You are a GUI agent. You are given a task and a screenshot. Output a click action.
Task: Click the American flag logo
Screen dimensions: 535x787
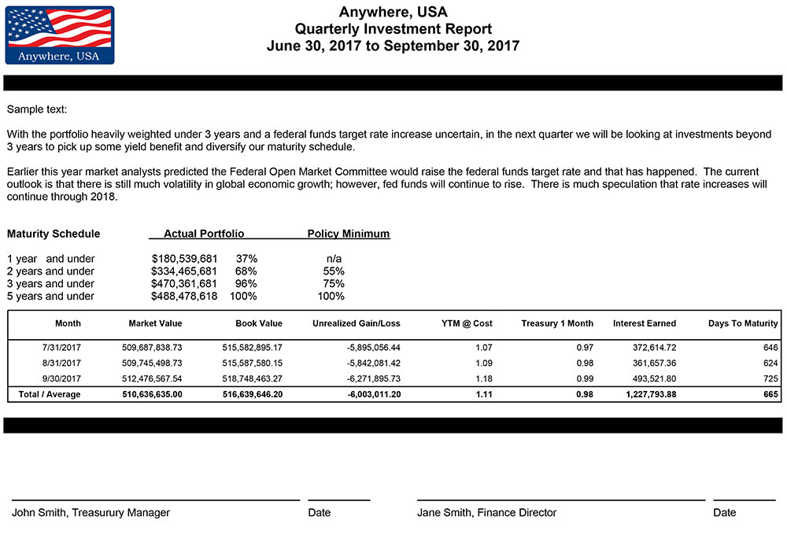pos(60,35)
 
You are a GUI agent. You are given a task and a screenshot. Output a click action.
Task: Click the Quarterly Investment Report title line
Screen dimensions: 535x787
pos(393,29)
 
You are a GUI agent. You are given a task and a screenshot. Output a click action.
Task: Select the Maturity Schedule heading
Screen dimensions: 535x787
pos(54,234)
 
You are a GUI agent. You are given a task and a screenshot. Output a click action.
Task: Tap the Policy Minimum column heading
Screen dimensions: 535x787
pos(349,234)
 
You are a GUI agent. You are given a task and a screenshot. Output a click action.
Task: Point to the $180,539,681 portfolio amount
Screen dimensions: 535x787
pos(185,258)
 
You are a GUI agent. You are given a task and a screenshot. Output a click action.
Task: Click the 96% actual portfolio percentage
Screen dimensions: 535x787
pos(246,283)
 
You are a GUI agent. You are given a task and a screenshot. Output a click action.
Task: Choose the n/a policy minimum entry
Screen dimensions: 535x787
pos(334,258)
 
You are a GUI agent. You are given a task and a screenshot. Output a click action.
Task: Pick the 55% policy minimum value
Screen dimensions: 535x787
pos(334,271)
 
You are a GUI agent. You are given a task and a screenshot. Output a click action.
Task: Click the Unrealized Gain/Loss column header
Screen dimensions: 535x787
pos(357,323)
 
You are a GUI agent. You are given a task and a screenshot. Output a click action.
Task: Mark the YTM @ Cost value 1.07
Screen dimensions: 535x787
pos(483,347)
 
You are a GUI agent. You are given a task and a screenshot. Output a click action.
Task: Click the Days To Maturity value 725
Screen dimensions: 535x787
pos(770,378)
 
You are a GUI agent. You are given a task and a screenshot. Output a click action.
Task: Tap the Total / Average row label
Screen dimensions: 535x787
pos(49,394)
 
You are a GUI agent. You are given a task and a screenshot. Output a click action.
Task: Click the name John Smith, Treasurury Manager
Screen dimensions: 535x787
pos(91,512)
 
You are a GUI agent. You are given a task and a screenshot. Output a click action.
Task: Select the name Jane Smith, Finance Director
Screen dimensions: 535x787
pos(486,512)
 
